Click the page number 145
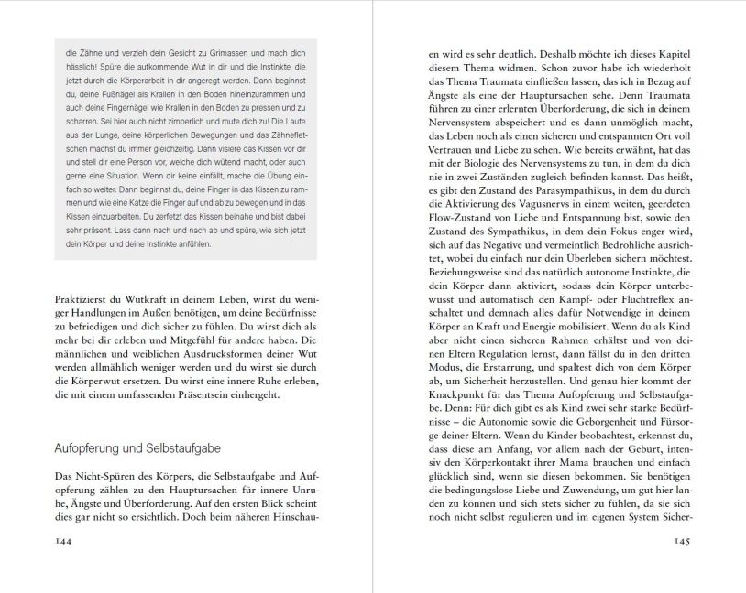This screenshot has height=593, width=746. click(688, 540)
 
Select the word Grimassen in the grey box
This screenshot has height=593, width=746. click(225, 52)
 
